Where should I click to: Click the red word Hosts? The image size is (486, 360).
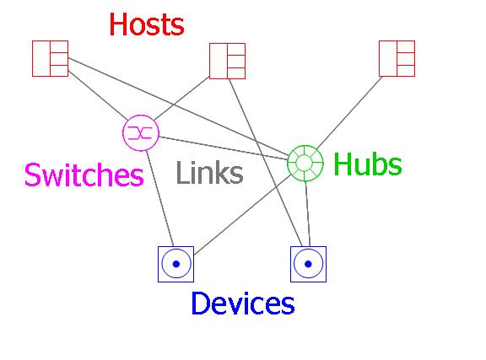click(147, 24)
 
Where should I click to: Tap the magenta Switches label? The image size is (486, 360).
click(84, 175)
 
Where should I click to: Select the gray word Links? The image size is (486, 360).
click(209, 173)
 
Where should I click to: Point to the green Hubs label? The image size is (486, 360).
click(368, 164)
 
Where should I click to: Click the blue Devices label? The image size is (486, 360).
click(243, 303)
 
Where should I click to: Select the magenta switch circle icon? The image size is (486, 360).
click(141, 133)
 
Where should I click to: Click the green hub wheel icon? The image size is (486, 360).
click(305, 163)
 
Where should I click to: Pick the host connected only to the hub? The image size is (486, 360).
click(397, 58)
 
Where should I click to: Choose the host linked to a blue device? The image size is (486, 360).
click(228, 61)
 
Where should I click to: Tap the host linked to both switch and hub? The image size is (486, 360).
click(51, 58)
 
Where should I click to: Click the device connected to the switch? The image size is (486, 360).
click(176, 264)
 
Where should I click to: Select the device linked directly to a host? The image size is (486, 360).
click(309, 264)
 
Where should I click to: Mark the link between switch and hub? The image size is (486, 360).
click(224, 148)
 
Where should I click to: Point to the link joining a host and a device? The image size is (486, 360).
click(266, 163)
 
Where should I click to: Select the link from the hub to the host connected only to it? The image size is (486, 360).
click(349, 112)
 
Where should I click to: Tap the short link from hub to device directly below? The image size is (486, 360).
click(307, 214)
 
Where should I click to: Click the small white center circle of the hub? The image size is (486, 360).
click(305, 163)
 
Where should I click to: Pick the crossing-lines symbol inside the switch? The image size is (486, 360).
click(140, 133)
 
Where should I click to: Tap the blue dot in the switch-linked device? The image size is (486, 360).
click(176, 264)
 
